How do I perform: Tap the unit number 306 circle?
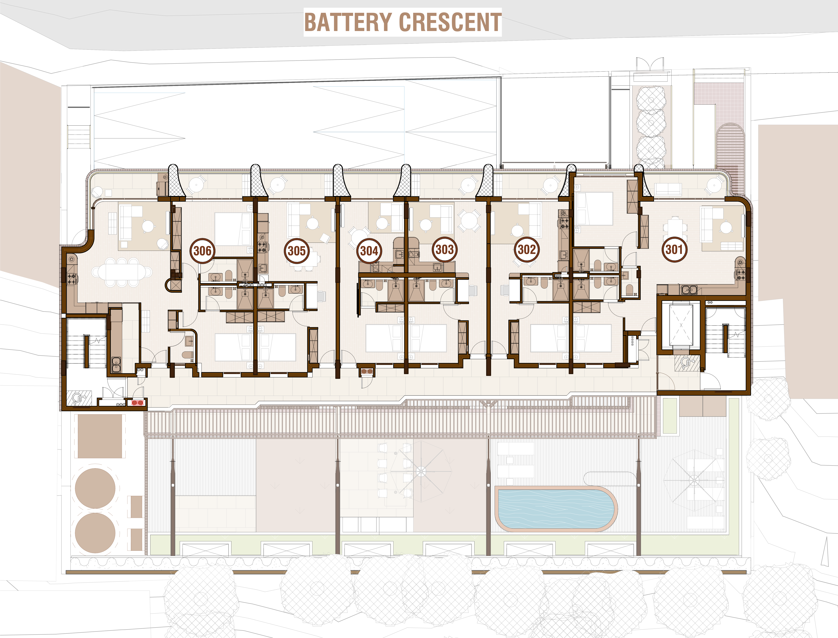point(202,251)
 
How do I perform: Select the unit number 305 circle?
point(296,251)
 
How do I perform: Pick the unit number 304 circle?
point(369,251)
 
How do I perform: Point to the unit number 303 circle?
point(444,249)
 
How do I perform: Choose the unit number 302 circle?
point(527,249)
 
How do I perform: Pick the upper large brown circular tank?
point(95,488)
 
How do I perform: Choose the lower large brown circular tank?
point(95,533)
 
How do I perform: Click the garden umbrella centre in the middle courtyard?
point(421,472)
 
